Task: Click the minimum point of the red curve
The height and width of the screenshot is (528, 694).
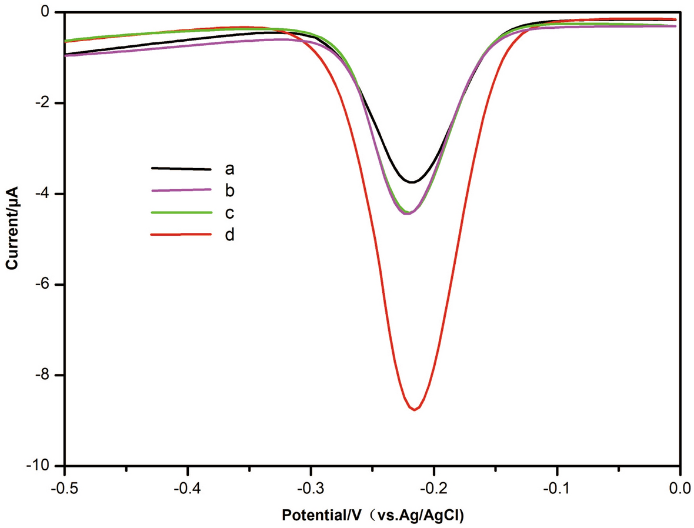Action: pyautogui.click(x=415, y=409)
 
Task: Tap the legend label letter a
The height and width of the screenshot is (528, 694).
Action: pyautogui.click(x=229, y=169)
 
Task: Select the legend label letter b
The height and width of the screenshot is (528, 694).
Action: pyautogui.click(x=229, y=191)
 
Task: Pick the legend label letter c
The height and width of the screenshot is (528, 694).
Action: pyautogui.click(x=229, y=212)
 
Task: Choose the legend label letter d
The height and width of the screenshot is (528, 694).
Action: pyautogui.click(x=229, y=235)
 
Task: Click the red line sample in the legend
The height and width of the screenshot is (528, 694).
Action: pyautogui.click(x=181, y=234)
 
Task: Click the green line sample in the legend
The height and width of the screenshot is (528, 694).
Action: pyautogui.click(x=181, y=212)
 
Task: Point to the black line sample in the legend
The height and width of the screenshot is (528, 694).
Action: pyautogui.click(x=181, y=168)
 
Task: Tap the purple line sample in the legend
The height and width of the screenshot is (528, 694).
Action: pyautogui.click(x=181, y=189)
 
